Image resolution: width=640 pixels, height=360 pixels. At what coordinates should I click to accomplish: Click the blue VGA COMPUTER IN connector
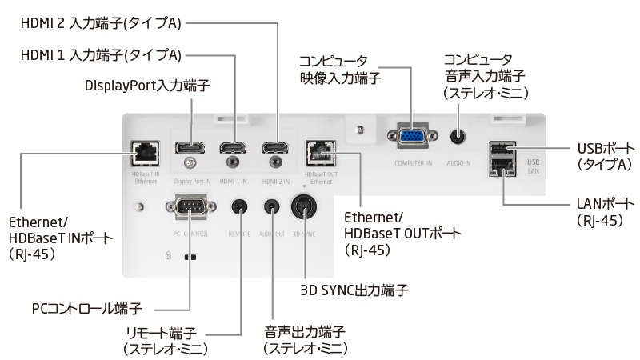(411, 138)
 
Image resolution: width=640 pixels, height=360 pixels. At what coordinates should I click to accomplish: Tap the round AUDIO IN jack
(458, 137)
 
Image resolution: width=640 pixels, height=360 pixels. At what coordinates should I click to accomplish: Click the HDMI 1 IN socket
(234, 147)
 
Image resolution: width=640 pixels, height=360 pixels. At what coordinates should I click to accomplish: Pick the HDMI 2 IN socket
(277, 147)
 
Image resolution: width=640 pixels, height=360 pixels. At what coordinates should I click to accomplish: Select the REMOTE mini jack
(238, 206)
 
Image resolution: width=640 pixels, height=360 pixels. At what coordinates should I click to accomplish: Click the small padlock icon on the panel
(167, 258)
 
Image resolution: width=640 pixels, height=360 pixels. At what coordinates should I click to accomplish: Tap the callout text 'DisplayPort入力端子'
(138, 85)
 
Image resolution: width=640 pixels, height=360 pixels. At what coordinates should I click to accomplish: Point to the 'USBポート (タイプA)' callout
(606, 156)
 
